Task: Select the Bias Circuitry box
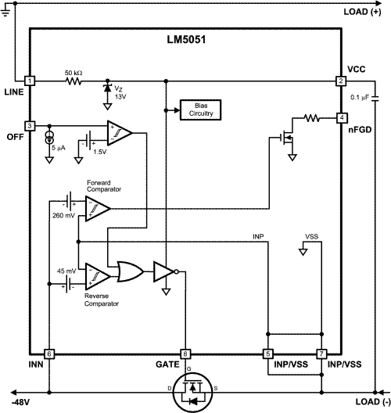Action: point(199,109)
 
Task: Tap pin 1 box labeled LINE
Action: point(30,81)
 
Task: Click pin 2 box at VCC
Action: point(341,81)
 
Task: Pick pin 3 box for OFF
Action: point(30,125)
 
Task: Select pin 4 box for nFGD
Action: point(341,118)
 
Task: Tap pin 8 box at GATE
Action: point(185,354)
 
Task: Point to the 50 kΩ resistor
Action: point(74,81)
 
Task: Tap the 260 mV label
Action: point(63,215)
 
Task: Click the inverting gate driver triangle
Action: point(165,271)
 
